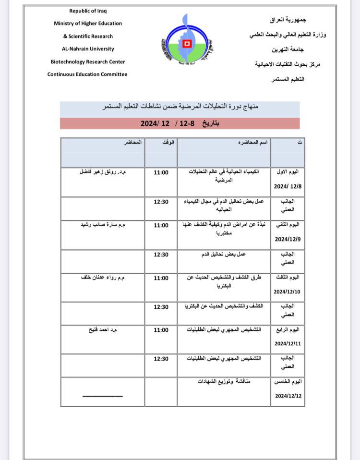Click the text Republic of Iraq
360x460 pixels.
(87, 11)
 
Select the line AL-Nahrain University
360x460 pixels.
(87, 49)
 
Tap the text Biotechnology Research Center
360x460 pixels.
(87, 62)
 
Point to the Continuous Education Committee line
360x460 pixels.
(87, 74)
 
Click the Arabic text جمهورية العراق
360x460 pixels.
(288, 20)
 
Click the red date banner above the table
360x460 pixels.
(180, 123)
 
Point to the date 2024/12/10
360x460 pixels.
(287, 291)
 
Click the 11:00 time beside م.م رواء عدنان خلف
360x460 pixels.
(161, 278)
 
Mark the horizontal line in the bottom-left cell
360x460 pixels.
(102, 396)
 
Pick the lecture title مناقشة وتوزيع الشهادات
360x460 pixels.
(224, 381)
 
